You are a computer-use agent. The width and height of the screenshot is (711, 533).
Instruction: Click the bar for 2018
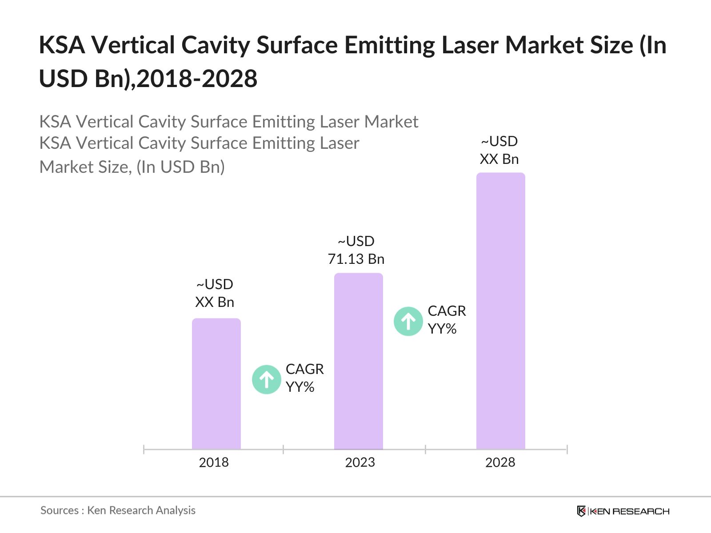(216, 384)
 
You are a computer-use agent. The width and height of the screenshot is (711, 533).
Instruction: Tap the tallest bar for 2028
(500, 311)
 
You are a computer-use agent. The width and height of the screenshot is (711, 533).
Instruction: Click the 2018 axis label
(214, 462)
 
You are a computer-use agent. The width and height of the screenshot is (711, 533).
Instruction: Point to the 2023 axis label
(360, 462)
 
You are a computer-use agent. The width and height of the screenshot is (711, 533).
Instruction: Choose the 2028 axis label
(500, 462)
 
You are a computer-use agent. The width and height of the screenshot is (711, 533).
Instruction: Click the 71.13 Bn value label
(356, 259)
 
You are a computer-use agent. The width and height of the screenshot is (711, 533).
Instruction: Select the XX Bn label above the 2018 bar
(215, 302)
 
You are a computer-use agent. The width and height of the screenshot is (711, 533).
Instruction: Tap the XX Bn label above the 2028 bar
(499, 159)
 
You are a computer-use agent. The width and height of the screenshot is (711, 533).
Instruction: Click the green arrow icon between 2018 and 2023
(267, 379)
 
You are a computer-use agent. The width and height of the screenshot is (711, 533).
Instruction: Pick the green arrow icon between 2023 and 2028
(408, 321)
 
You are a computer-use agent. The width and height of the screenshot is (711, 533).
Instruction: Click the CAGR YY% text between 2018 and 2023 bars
(304, 378)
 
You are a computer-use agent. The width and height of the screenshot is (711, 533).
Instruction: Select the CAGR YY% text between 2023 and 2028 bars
(446, 320)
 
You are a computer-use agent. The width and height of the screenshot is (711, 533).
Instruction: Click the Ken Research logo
(623, 511)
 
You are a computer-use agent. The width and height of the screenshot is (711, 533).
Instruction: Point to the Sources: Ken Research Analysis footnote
(118, 510)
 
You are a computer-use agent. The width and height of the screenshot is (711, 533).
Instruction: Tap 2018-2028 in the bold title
(197, 79)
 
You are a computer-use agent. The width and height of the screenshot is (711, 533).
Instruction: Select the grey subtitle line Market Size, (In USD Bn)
(132, 167)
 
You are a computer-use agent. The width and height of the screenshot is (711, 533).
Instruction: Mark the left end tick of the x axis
(144, 449)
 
